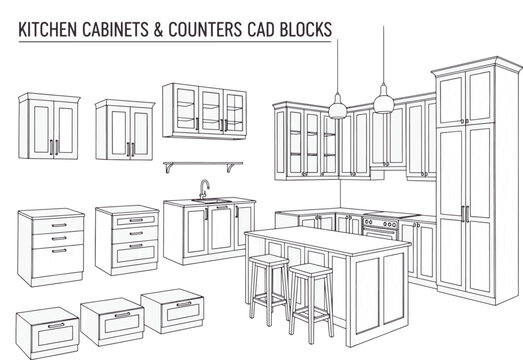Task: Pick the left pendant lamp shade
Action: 338,108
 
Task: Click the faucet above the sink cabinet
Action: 204,189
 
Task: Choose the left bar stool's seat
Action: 268,261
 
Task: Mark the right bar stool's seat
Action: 310,271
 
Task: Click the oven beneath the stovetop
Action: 380,231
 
